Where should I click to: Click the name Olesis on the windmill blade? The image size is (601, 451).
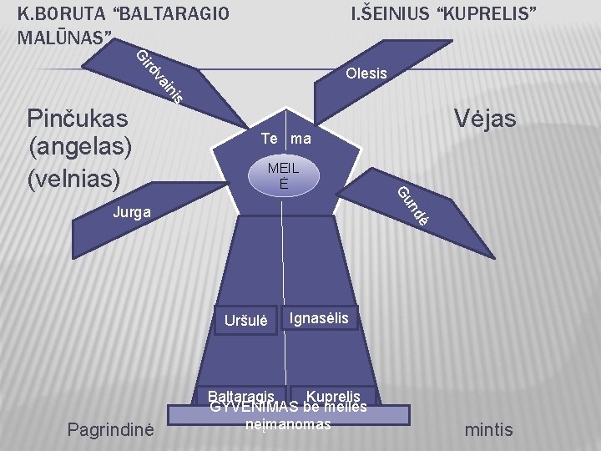pos(366,73)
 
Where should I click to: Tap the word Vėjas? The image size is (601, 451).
pos(483,119)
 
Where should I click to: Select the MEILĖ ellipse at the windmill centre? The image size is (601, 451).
pos(284,175)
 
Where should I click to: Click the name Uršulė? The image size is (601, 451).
pos(246,320)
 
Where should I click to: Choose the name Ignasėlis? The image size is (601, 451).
pos(324,317)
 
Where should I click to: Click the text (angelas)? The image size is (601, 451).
pos(80,147)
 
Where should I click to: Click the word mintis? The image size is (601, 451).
pos(489,430)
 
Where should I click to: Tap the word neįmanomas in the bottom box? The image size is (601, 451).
pos(289,424)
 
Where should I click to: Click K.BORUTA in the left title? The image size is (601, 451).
pos(58,13)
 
